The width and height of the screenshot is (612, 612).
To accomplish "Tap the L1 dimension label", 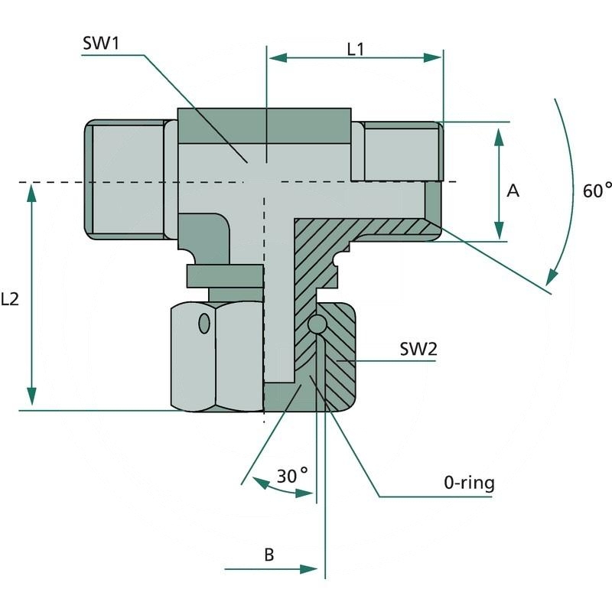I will tap(355, 49).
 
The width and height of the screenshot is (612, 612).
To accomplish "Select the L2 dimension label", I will tap(10, 300).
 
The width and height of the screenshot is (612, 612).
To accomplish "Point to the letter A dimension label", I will tap(513, 190).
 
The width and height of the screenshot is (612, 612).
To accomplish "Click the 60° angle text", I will tap(597, 190).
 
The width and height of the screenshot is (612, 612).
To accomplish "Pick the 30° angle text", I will tap(292, 476).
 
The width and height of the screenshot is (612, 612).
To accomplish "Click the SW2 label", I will tap(418, 350).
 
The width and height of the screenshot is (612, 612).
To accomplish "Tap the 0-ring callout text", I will tap(469, 483).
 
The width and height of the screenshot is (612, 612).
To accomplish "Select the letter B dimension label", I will tap(269, 555).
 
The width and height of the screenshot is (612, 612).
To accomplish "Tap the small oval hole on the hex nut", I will tap(203, 324).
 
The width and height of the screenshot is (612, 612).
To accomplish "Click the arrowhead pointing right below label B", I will tap(309, 568).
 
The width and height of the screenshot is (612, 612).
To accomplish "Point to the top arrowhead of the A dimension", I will tap(499, 136).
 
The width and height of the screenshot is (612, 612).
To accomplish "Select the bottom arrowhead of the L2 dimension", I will tap(31, 397).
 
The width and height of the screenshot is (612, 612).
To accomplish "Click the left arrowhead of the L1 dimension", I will tap(275, 57).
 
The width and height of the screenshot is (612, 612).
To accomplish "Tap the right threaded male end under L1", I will tap(398, 151).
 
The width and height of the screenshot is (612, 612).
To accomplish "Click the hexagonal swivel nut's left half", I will tap(193, 356).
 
